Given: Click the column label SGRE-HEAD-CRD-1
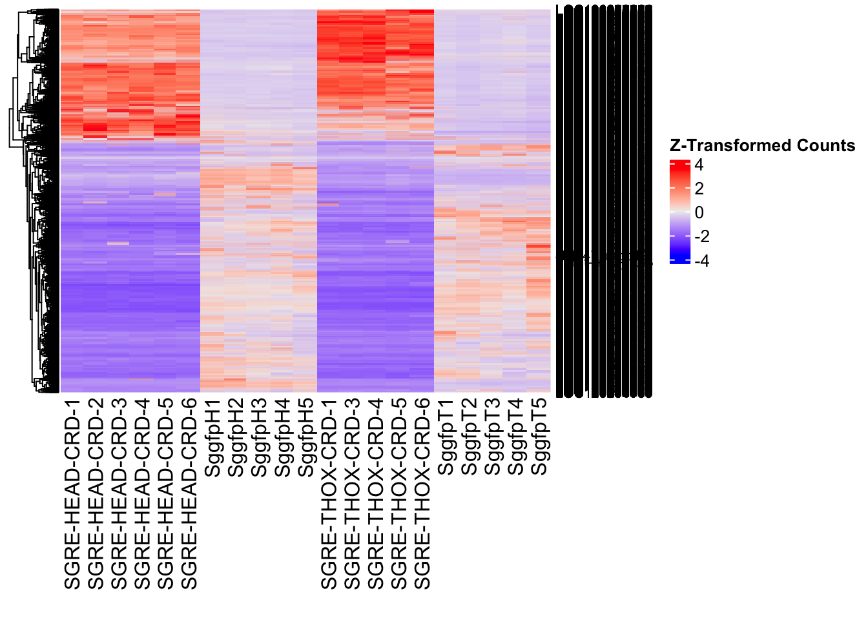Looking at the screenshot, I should (x=72, y=494).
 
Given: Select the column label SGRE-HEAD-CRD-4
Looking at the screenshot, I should (x=142, y=494).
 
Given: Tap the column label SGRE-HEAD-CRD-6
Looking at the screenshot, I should (x=189, y=494).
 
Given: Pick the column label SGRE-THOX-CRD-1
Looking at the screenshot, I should (x=329, y=494).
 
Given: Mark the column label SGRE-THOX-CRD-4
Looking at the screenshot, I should (x=376, y=494).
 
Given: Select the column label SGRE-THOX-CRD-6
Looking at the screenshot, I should (x=422, y=494).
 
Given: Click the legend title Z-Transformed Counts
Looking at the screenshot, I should (x=762, y=146).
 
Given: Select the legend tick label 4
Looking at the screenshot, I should (x=699, y=165).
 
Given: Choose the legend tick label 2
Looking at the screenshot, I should (x=699, y=189).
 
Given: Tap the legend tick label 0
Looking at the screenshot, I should (x=699, y=213).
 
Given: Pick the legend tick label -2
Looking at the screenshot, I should (x=701, y=237).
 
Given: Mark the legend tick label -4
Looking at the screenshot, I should (x=701, y=261).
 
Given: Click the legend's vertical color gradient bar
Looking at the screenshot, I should (x=680, y=212).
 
